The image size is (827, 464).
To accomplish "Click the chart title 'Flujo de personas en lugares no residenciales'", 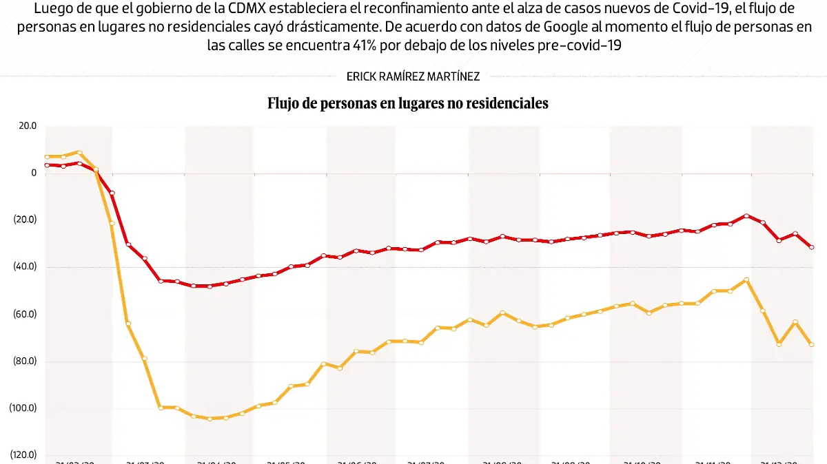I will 407,104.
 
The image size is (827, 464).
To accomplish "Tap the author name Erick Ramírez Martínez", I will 413,77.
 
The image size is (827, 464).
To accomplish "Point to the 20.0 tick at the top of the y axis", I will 28,126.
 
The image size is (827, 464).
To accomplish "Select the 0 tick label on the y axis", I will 33,173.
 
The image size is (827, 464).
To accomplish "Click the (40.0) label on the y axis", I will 25,267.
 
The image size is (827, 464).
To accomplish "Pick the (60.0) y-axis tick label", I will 25,314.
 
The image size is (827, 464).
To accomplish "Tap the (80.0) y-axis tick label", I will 25,361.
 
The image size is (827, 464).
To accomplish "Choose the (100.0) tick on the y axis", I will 23,408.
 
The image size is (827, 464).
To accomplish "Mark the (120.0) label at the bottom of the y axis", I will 23,454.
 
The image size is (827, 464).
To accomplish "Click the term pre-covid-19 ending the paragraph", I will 586,45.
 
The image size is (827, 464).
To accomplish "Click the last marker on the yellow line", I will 812,344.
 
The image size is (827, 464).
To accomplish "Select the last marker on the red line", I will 812,247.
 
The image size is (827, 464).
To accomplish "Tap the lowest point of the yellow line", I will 210,419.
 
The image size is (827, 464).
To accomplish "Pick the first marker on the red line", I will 47,165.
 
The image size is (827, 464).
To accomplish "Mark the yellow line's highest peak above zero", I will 79,153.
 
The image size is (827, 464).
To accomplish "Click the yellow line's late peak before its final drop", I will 746,280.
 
